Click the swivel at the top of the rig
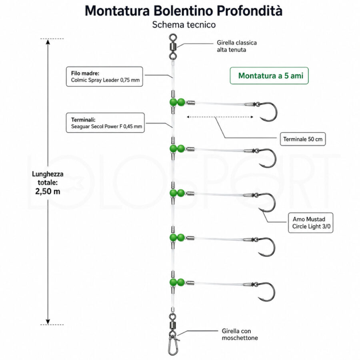[173, 47]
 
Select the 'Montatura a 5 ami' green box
[269, 76]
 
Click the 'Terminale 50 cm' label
[303, 139]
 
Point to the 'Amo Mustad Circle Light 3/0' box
[311, 223]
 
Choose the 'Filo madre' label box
[104, 77]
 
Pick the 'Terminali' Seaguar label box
[105, 123]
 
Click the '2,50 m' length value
[48, 191]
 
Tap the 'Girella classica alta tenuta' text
[237, 46]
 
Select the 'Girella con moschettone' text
[240, 334]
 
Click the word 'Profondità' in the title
[250, 11]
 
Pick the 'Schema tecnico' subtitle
[184, 24]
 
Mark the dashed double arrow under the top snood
[220, 117]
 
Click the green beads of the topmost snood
[177, 102]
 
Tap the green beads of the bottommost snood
[177, 282]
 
